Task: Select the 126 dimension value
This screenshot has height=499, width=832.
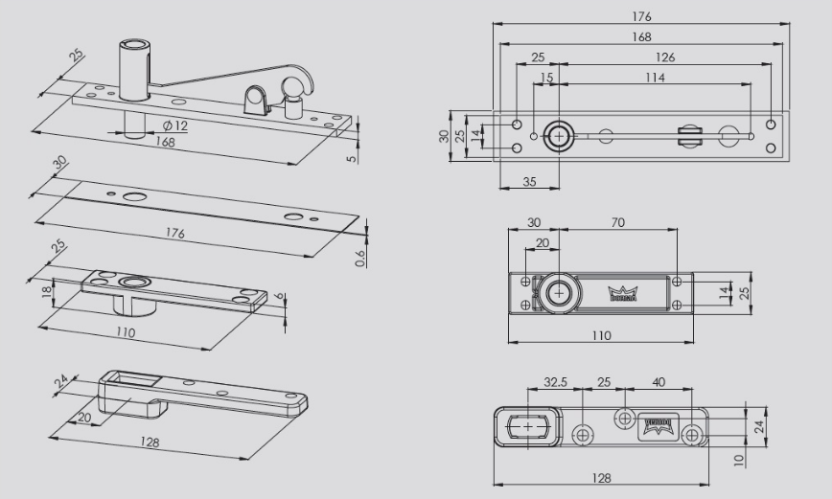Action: coord(664,57)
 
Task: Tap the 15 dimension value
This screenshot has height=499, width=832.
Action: coord(546,78)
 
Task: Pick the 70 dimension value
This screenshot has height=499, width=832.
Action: coord(617,222)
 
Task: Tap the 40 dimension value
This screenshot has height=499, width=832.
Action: coord(659,381)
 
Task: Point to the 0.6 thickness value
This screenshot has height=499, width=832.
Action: coord(358,258)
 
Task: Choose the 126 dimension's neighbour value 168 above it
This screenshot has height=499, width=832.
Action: coord(641,37)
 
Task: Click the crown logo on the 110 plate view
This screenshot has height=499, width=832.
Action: coord(624,292)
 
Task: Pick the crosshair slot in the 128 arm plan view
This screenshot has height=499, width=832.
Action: coord(526,424)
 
